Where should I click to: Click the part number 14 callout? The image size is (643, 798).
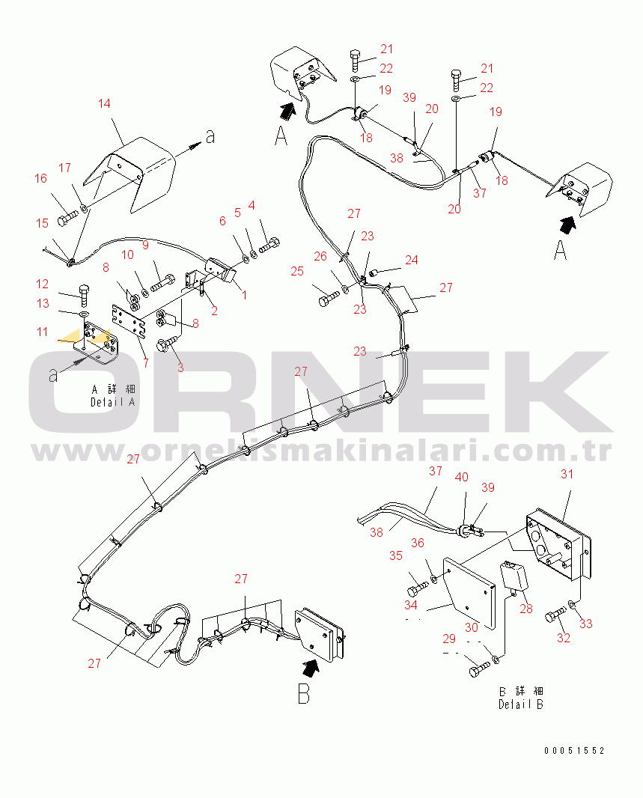click(x=104, y=104)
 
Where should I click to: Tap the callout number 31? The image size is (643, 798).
click(x=567, y=475)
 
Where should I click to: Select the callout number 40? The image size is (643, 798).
click(x=461, y=478)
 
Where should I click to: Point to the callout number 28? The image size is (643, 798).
click(x=526, y=609)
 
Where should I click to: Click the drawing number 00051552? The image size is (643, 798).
click(x=574, y=751)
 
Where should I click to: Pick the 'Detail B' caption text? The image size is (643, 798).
click(x=521, y=704)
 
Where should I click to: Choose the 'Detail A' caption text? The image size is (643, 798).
click(x=113, y=402)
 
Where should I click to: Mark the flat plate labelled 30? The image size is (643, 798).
click(x=469, y=593)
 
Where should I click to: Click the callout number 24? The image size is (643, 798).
click(x=412, y=260)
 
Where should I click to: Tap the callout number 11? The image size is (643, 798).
click(x=42, y=332)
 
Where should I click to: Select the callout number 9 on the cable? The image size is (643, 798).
click(x=145, y=246)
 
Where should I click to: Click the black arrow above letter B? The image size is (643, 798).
click(x=311, y=668)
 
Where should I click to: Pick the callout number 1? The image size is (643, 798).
click(x=244, y=295)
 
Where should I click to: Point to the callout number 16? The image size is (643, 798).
click(x=40, y=179)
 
